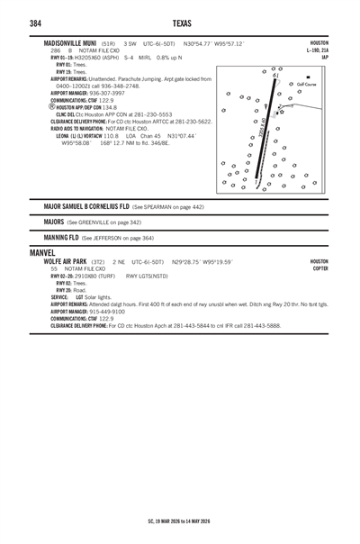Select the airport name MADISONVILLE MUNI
pos(72,43)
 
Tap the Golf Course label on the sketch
pos(297,84)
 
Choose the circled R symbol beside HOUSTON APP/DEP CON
pos(52,104)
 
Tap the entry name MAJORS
pos(52,222)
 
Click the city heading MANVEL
pos(42,253)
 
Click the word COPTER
pos(320,268)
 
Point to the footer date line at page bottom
pos(179,521)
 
